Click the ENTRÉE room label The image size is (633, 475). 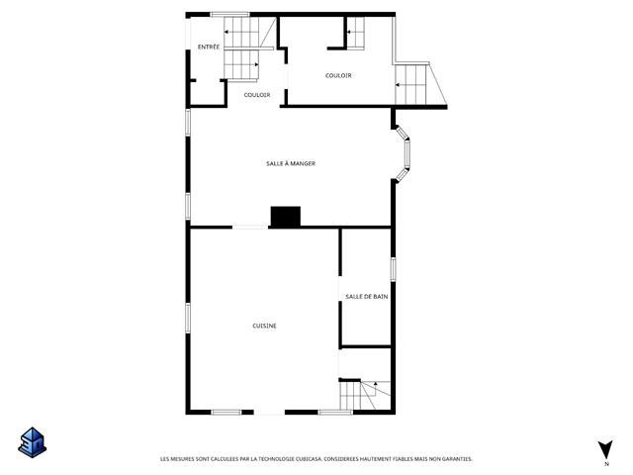(x=209, y=47)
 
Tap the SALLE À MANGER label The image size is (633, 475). (x=291, y=163)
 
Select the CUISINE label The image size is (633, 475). (x=264, y=326)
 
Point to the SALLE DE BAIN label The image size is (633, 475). (x=367, y=297)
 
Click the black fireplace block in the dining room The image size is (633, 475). (x=286, y=217)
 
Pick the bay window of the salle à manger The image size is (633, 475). (x=403, y=153)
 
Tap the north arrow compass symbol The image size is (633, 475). (x=606, y=449)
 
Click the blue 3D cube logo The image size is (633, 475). (x=33, y=442)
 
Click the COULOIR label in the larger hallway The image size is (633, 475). (x=338, y=75)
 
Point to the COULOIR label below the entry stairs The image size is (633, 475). (x=257, y=95)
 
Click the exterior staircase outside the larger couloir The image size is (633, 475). (x=419, y=84)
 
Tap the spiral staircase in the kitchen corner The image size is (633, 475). (x=365, y=395)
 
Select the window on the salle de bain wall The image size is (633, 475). (x=393, y=268)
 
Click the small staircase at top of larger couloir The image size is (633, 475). (x=356, y=33)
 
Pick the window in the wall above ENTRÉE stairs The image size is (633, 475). (x=230, y=15)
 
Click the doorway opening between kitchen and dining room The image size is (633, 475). (x=250, y=228)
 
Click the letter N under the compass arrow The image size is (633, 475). (x=606, y=464)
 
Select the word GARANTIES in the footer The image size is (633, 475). (x=458, y=459)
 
